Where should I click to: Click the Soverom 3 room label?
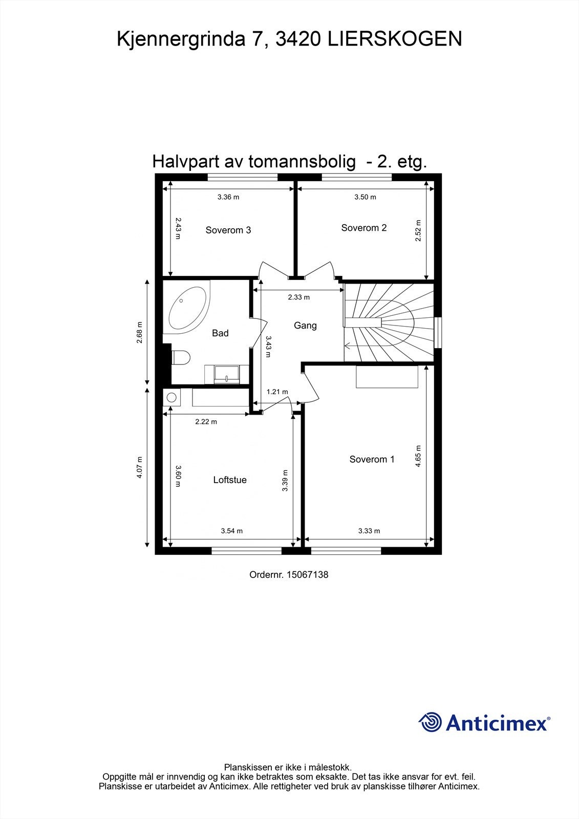click(x=228, y=230)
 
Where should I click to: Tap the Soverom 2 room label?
click(x=363, y=228)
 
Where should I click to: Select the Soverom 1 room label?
click(x=372, y=459)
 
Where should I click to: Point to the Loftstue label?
click(x=230, y=480)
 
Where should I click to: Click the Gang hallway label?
click(x=305, y=326)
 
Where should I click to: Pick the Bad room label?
click(x=220, y=333)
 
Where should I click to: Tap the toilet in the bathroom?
click(x=180, y=357)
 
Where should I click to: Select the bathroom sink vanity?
click(x=227, y=374)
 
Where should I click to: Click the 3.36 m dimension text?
click(x=228, y=197)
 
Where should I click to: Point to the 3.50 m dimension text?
click(x=365, y=197)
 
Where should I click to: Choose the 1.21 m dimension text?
click(x=277, y=392)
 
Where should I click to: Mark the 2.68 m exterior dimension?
click(x=140, y=332)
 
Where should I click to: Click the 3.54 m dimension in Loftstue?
click(x=231, y=531)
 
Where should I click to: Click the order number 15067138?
click(x=307, y=575)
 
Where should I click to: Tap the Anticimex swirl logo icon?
click(x=430, y=722)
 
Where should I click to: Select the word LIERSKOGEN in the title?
click(x=394, y=39)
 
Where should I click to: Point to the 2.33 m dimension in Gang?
click(x=298, y=297)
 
